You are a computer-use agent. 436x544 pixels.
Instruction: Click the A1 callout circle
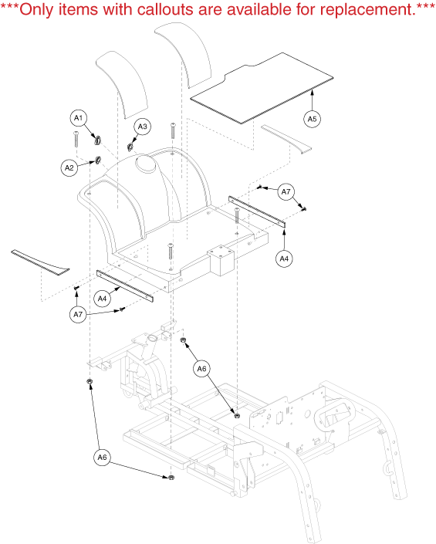point(79,118)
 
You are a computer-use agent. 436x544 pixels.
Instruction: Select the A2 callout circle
point(69,168)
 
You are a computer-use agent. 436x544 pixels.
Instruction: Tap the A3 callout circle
point(143,127)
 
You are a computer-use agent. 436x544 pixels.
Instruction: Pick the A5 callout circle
point(313,119)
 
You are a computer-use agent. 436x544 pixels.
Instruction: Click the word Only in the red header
point(36,10)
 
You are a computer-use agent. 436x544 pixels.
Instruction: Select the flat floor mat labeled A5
point(262,88)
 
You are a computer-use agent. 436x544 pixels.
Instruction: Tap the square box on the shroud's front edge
point(221,260)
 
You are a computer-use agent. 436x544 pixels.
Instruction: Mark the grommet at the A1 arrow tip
point(97,140)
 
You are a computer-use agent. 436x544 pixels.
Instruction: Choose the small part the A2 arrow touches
point(98,160)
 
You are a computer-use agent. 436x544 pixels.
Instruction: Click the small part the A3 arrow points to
point(130,147)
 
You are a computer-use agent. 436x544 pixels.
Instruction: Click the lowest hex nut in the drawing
point(171,478)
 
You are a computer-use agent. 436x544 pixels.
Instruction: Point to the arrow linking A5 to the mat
point(313,100)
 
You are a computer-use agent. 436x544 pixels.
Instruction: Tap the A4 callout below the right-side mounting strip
point(284,258)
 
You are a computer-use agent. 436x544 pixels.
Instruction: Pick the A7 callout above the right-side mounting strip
point(286,192)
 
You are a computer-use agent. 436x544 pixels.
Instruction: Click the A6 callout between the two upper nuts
point(202,368)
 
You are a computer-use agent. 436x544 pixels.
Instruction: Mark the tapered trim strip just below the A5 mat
point(286,139)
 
